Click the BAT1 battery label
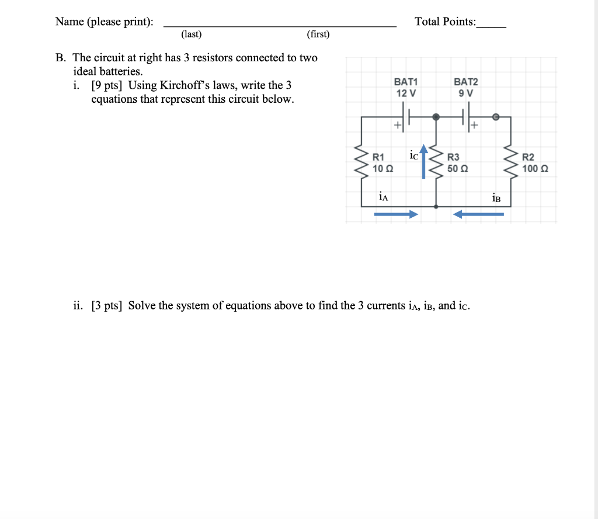click(x=406, y=82)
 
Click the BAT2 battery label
click(x=465, y=82)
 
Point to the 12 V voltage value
click(x=406, y=93)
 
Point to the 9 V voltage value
click(x=466, y=93)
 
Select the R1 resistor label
click(x=378, y=157)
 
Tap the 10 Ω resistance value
click(x=383, y=168)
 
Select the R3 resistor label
click(x=453, y=157)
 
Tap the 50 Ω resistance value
click(x=458, y=168)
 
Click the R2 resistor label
click(x=528, y=157)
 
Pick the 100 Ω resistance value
click(x=535, y=168)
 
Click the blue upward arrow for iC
click(x=424, y=164)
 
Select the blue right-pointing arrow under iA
click(x=396, y=214)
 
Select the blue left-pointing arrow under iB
click(x=478, y=214)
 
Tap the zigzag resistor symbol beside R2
click(x=511, y=162)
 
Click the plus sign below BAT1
click(x=398, y=124)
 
